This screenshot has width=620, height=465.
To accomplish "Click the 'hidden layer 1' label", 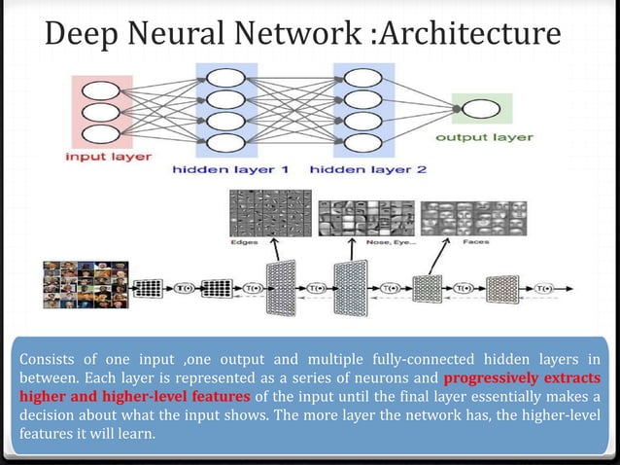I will point(230,168).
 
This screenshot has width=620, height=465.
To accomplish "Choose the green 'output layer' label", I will point(483,137).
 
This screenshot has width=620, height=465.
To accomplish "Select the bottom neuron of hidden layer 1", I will point(225,144).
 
